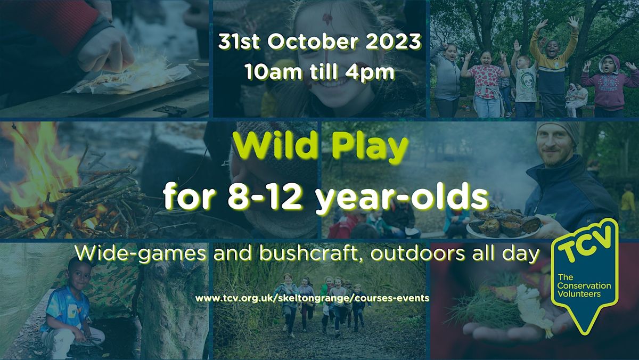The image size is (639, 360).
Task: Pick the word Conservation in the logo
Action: click(584, 287)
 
